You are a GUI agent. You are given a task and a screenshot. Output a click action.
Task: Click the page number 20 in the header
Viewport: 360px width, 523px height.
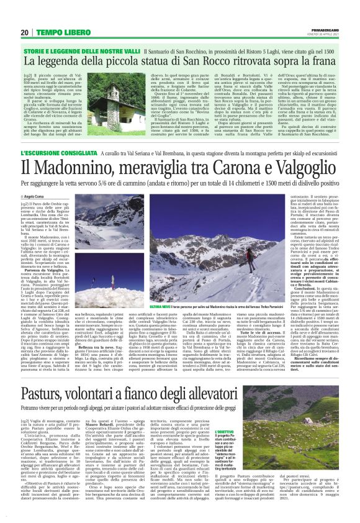25,32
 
